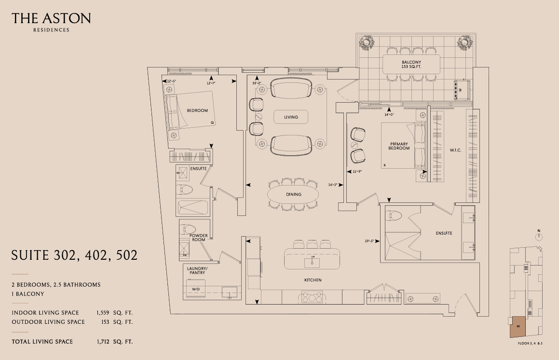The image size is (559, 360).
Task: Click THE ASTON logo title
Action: (x=51, y=18)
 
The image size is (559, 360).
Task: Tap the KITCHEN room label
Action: (x=313, y=280)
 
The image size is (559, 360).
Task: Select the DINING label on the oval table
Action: (x=293, y=194)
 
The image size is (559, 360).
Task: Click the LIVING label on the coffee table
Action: (x=291, y=117)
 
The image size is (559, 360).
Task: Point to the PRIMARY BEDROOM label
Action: (x=399, y=146)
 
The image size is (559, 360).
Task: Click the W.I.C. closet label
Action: (x=455, y=150)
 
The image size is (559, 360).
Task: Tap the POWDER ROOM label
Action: (x=199, y=238)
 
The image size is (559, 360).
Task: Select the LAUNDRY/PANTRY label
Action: (x=197, y=271)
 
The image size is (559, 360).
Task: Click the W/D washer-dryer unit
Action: (x=196, y=289)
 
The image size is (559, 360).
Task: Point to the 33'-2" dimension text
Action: (x=257, y=83)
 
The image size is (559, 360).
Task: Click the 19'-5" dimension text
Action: (x=369, y=241)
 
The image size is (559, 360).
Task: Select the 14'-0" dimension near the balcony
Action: (x=389, y=115)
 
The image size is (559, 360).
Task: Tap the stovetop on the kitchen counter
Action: (x=312, y=297)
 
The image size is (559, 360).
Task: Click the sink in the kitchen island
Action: (x=312, y=263)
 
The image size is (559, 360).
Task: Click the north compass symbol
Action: (x=539, y=236)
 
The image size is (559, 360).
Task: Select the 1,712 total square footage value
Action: (x=103, y=342)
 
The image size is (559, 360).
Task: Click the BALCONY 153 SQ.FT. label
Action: (x=411, y=65)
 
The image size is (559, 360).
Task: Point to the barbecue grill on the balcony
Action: (x=462, y=90)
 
